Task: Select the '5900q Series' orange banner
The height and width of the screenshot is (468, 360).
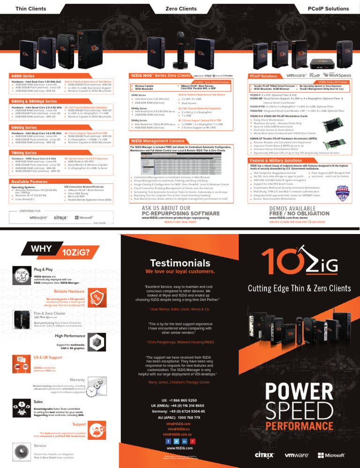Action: point(21,127)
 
